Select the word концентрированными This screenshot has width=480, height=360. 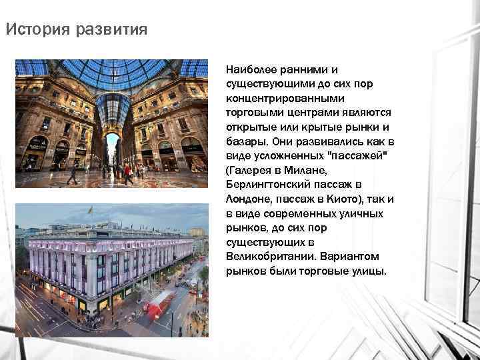(x=280, y=97)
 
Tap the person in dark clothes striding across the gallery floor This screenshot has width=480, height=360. (x=72, y=175)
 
